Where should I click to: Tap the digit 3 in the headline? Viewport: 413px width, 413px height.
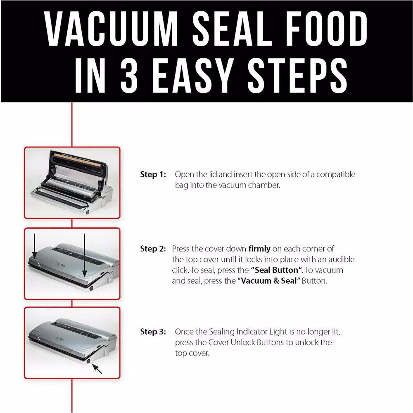132,77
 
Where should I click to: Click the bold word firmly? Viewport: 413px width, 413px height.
259,249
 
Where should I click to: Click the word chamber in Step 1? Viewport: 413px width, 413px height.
265,185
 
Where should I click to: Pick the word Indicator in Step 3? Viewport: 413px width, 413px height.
254,332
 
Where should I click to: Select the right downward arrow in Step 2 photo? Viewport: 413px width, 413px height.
85,254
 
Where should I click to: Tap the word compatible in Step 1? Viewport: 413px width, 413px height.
335,175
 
